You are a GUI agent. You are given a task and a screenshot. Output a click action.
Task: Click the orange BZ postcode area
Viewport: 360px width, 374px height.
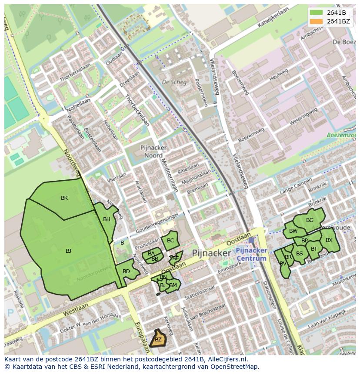158,339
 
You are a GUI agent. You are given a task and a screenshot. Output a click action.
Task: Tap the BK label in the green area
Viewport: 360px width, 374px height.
64,198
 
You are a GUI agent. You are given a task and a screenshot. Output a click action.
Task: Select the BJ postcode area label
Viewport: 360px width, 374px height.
68,251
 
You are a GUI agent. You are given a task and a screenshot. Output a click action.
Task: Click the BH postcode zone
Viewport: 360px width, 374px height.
107,219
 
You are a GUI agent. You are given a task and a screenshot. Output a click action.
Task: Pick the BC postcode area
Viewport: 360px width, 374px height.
170,240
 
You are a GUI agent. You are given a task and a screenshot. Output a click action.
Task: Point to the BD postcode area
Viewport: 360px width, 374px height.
126,271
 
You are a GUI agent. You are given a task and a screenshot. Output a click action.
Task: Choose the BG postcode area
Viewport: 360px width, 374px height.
310,220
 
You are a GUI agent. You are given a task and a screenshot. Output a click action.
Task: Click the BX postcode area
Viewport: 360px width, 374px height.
329,240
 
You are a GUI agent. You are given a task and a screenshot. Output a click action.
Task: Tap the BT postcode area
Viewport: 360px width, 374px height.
314,248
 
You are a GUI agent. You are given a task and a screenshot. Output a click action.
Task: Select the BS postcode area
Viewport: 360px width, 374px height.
300,254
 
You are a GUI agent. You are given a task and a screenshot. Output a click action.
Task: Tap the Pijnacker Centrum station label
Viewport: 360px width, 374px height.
251,255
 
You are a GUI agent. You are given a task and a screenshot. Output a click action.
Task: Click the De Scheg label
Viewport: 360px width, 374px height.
174,82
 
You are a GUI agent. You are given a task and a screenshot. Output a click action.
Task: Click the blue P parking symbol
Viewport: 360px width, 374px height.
10,313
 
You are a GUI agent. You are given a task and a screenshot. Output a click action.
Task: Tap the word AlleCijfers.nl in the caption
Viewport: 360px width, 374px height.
226,359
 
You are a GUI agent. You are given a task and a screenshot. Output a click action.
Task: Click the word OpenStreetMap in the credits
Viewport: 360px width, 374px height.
235,367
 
